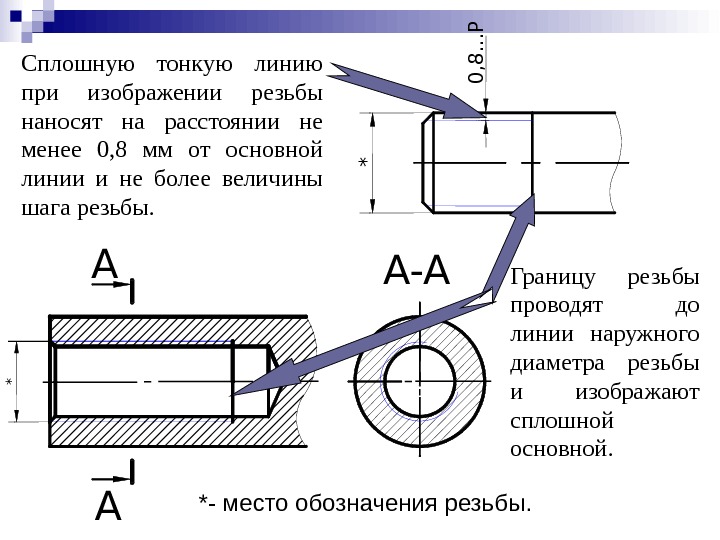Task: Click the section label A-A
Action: pyautogui.click(x=418, y=269)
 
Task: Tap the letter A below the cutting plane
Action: pyautogui.click(x=107, y=507)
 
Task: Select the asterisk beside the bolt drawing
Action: pyautogui.click(x=363, y=162)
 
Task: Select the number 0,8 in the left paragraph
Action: pyautogui.click(x=115, y=152)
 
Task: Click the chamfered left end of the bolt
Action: pyautogui.click(x=427, y=161)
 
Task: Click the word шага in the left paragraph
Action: pyautogui.click(x=41, y=210)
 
